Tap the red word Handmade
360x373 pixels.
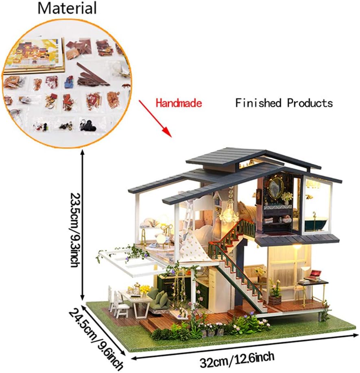pos(179,103)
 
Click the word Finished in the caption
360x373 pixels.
pos(259,103)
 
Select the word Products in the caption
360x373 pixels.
pos(310,103)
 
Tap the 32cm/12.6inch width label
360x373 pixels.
pos(237,357)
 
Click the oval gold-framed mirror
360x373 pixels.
pos(276,187)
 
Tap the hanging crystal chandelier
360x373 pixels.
pos(229,213)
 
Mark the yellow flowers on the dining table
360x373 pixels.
pos(144,289)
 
